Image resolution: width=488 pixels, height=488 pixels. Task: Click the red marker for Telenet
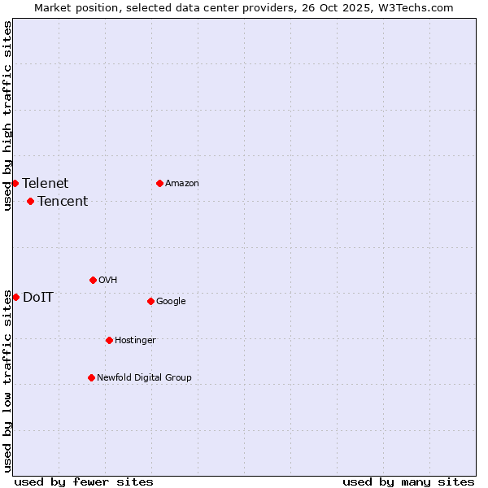point(15,183)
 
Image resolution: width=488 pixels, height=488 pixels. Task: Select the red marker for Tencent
point(30,201)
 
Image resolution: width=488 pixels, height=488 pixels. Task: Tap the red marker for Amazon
point(159,183)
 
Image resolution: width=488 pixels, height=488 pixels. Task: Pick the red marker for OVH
point(93,280)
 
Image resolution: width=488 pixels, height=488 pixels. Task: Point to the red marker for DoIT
point(15,297)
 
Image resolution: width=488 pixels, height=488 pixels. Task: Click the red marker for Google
point(150,301)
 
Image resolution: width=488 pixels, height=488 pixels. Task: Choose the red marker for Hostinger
point(109,340)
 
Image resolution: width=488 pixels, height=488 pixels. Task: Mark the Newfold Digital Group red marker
point(91,377)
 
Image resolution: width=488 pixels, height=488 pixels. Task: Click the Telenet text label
point(46,184)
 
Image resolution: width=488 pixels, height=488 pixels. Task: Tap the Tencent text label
point(63,202)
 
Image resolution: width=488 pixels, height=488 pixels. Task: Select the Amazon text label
point(182,184)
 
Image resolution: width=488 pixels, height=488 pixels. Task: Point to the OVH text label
point(108,281)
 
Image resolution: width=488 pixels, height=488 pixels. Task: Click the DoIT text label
point(38,298)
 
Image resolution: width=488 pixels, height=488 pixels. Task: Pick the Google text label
point(171,302)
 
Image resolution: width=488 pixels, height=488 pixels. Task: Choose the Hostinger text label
point(135,341)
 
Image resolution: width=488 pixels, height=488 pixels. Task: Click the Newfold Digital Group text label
point(144,378)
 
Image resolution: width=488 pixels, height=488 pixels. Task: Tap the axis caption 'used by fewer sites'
point(84,481)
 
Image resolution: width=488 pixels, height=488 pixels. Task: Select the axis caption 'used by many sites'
point(408,481)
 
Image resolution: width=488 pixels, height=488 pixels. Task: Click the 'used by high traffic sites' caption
point(7,115)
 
